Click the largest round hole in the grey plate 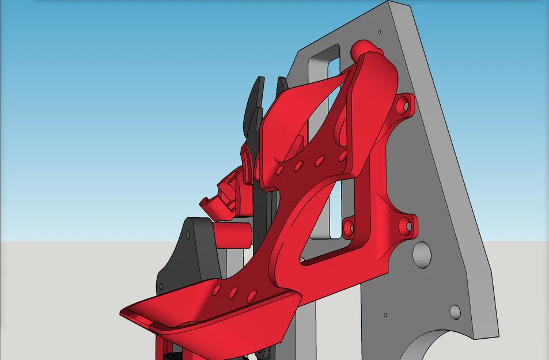pyautogui.click(x=421, y=254)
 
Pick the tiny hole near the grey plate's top pyautogui.click(x=380, y=31)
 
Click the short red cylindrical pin pyautogui.click(x=233, y=234)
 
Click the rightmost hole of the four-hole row pyautogui.click(x=342, y=156)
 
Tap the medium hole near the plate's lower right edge pyautogui.click(x=455, y=312)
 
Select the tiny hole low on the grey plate pyautogui.click(x=384, y=315)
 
